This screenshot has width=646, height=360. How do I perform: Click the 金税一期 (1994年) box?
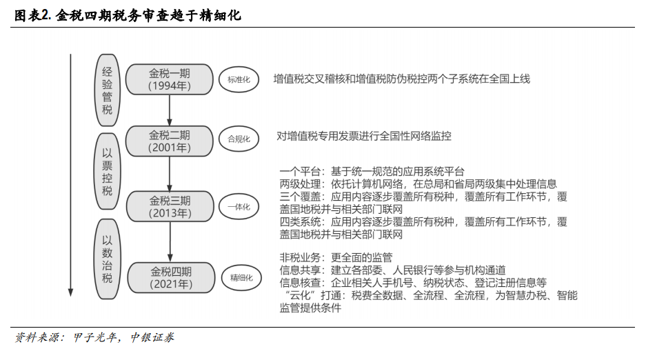(x=170, y=79)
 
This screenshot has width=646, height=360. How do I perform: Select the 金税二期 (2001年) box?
(x=170, y=141)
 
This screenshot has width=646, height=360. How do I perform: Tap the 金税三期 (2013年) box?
(x=170, y=206)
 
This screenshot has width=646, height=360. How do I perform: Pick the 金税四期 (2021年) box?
(x=171, y=278)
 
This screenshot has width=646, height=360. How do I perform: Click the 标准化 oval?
(x=239, y=79)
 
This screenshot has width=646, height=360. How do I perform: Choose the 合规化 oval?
(x=239, y=139)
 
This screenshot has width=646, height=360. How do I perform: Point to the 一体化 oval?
(x=239, y=207)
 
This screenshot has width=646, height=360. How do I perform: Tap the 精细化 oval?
(x=241, y=278)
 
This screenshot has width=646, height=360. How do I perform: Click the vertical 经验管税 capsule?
(x=107, y=90)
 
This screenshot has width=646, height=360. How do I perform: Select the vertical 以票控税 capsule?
(x=107, y=171)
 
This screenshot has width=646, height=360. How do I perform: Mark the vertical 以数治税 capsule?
(x=107, y=259)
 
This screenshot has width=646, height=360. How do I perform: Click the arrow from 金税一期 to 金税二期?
(x=170, y=110)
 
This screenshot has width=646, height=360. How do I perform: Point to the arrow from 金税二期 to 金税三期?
(x=170, y=174)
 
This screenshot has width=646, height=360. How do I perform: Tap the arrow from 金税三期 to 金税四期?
(x=170, y=242)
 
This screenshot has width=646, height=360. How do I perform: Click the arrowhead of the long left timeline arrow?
(x=70, y=292)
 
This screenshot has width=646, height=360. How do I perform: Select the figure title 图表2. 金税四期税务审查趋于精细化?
(x=128, y=16)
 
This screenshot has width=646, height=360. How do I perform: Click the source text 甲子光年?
(x=94, y=337)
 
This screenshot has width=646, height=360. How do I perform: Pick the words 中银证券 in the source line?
(x=152, y=337)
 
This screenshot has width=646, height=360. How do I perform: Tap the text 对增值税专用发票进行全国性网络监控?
(x=364, y=136)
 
